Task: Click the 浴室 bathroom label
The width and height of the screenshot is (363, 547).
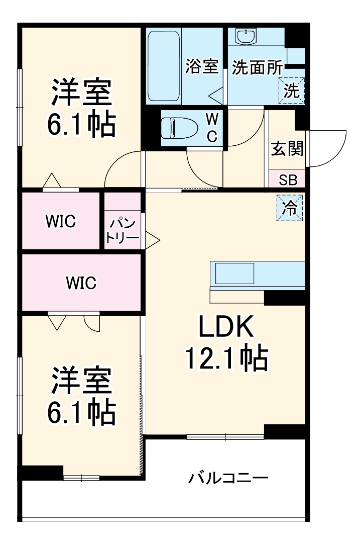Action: tap(202, 66)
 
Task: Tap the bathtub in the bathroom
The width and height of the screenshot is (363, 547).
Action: tap(164, 65)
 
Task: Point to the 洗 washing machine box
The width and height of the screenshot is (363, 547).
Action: tap(292, 91)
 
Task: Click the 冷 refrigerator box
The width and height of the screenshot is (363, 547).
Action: tap(290, 208)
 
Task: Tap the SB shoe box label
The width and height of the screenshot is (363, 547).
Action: tap(288, 179)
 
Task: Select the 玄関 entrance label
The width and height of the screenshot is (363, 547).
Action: tap(287, 149)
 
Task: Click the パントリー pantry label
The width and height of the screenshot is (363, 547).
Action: tap(123, 230)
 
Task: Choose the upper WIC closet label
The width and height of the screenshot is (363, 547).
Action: tap(61, 221)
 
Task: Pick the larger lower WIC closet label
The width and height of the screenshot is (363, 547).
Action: tap(81, 283)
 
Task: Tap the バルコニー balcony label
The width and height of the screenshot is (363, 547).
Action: tap(228, 478)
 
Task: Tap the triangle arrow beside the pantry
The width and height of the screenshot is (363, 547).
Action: tap(152, 240)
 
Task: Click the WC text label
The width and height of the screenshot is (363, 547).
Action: tap(212, 127)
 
